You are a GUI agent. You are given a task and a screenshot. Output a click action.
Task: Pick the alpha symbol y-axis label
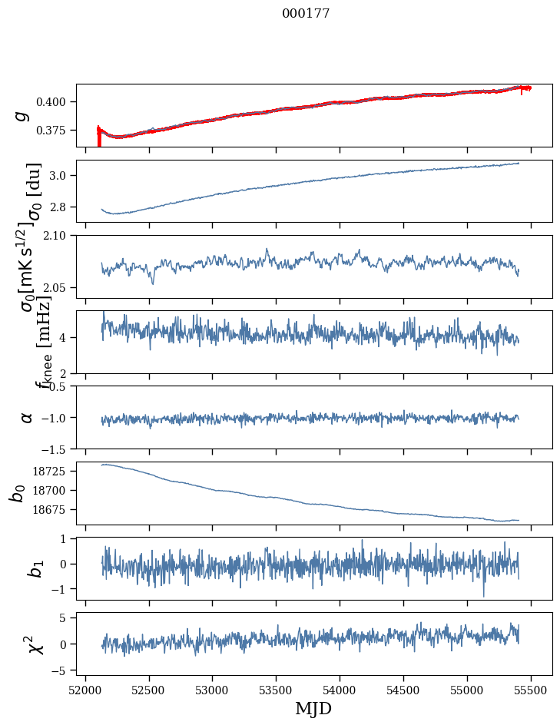(26, 417)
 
